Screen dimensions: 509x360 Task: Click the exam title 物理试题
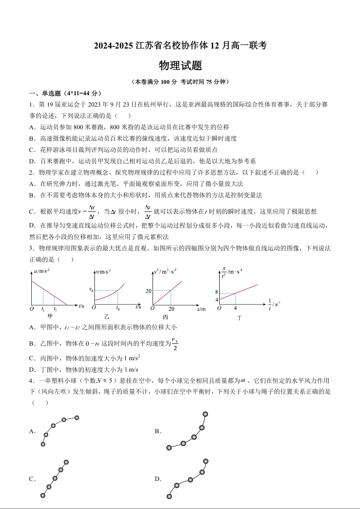(180, 66)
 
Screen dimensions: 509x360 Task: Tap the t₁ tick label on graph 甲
(43, 309)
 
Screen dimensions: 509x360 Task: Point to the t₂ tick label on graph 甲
(55, 309)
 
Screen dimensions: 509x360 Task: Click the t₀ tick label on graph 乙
(118, 308)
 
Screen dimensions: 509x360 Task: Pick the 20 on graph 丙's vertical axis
(148, 290)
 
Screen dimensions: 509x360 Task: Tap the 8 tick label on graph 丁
(217, 293)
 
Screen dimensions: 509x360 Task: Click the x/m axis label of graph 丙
(201, 309)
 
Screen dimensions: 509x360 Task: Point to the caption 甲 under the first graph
(50, 315)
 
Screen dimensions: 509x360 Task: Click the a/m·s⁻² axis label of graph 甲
(42, 271)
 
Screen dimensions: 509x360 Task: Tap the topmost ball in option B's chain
(205, 414)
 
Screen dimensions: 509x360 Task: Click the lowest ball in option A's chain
(43, 444)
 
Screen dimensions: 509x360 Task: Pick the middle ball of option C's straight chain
(55, 478)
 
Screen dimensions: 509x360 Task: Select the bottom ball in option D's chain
(169, 496)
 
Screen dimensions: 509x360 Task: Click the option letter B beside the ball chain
(158, 431)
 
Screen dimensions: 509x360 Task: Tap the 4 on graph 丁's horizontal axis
(235, 308)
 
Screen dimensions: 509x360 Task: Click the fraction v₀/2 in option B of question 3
(175, 344)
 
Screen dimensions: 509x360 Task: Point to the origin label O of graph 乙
(94, 308)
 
